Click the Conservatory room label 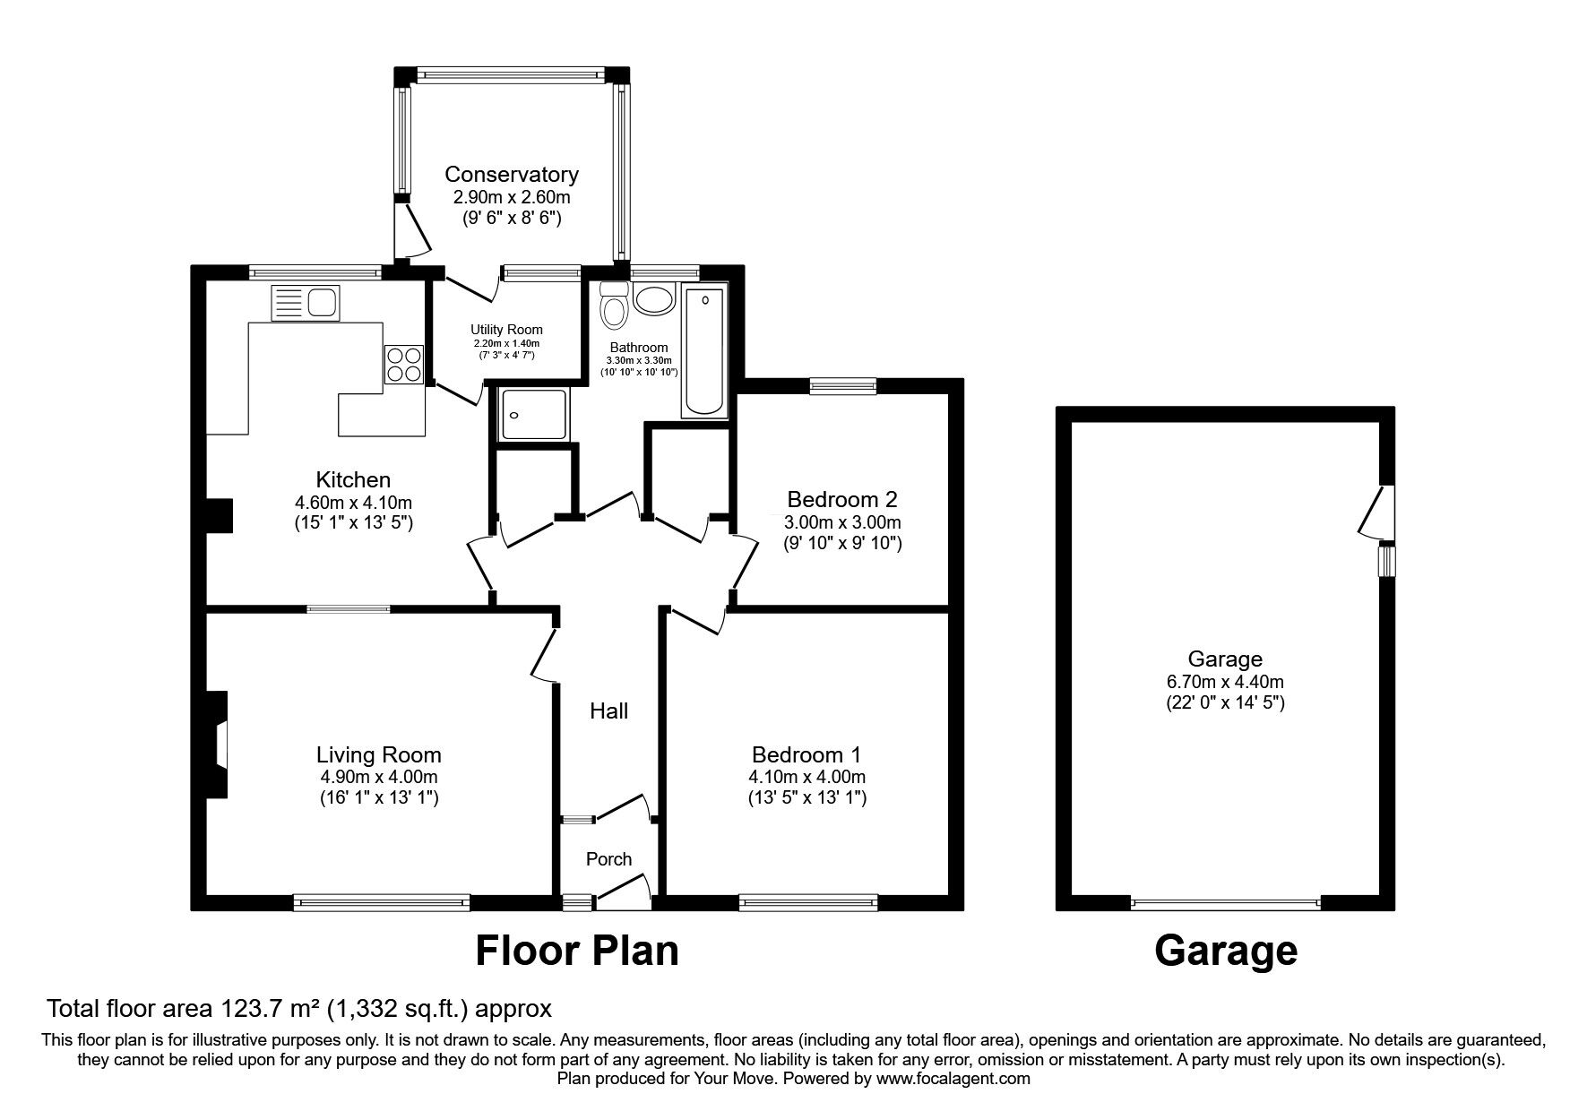[512, 174]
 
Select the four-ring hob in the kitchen [403, 365]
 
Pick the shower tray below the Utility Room [534, 414]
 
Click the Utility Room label [506, 330]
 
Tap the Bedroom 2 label [842, 499]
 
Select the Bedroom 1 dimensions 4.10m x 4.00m [809, 777]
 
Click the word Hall [608, 711]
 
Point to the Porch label [608, 859]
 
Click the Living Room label [378, 755]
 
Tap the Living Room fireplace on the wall [219, 745]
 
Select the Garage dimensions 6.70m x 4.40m [1224, 682]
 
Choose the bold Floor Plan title [576, 951]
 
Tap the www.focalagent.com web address [953, 1079]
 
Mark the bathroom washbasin [654, 299]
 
